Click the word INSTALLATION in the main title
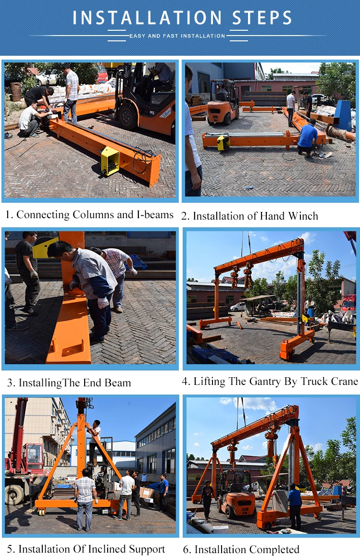[147, 18]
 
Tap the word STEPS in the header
[262, 18]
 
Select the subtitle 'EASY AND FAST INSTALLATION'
[177, 36]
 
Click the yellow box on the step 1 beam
[110, 161]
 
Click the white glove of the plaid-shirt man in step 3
[133, 272]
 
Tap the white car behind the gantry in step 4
[237, 307]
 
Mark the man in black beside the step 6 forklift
[207, 499]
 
